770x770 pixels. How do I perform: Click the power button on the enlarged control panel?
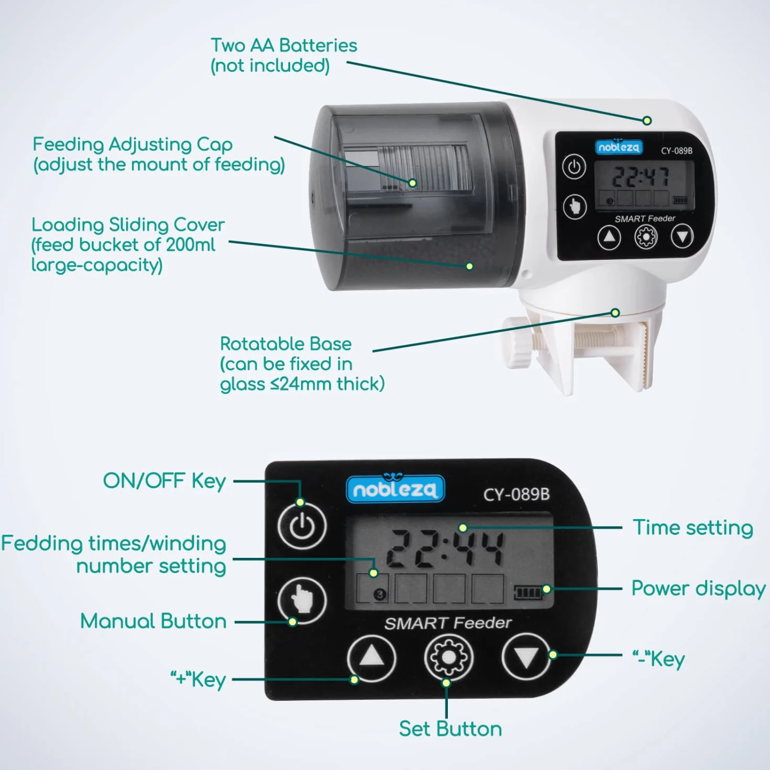point(302,525)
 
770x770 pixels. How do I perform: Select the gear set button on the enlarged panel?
point(448,657)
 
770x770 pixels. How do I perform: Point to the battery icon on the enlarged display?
point(528,592)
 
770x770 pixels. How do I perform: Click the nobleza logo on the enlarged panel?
point(395,488)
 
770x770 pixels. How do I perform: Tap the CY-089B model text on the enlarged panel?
point(516,494)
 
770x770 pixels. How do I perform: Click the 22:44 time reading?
point(445,549)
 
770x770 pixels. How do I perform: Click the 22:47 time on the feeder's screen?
point(641,177)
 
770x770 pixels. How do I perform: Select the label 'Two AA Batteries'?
point(284,46)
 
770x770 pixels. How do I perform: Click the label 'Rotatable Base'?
point(285,344)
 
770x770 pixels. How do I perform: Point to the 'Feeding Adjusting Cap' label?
point(133,145)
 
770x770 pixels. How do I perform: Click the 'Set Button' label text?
point(450,729)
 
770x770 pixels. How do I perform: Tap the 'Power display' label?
point(698,589)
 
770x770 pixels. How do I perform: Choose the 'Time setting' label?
point(693,528)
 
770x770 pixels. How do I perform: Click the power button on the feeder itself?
point(574,166)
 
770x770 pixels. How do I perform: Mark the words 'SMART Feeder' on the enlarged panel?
point(447,623)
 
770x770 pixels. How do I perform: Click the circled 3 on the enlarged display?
point(380,594)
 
